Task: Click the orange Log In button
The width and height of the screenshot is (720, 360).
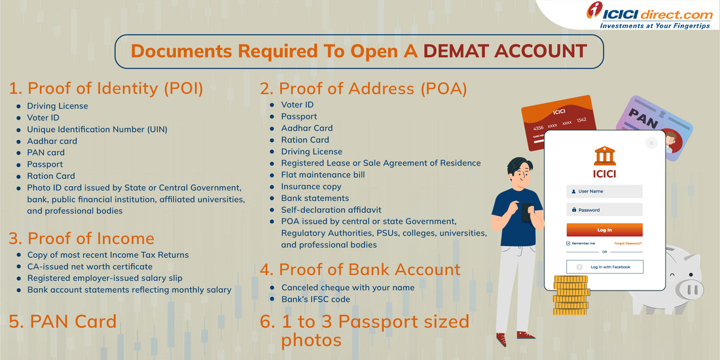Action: click(604, 230)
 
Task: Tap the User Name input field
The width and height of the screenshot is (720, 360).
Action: click(604, 191)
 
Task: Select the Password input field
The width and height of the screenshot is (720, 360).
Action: click(604, 210)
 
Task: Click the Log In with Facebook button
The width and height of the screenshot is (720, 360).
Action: click(604, 267)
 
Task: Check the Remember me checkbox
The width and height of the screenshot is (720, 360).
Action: click(568, 243)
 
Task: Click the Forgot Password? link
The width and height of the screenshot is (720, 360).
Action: click(628, 243)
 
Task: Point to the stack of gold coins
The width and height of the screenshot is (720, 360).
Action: click(571, 295)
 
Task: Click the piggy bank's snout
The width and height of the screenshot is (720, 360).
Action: click(689, 289)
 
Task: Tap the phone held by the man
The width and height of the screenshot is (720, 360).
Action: click(526, 213)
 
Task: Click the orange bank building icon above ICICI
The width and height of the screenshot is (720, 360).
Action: click(604, 156)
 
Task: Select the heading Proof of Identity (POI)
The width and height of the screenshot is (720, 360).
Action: click(106, 88)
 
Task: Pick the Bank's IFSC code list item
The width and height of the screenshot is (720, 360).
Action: click(315, 299)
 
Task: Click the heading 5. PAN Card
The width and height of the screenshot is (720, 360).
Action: click(62, 321)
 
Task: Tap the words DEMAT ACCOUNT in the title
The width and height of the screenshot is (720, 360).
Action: click(505, 52)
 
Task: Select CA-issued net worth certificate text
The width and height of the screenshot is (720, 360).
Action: click(90, 266)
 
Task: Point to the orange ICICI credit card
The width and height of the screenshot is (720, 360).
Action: click(559, 122)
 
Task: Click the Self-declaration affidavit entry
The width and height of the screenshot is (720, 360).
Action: click(332, 210)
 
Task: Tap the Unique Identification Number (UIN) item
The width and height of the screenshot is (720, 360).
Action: click(98, 130)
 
